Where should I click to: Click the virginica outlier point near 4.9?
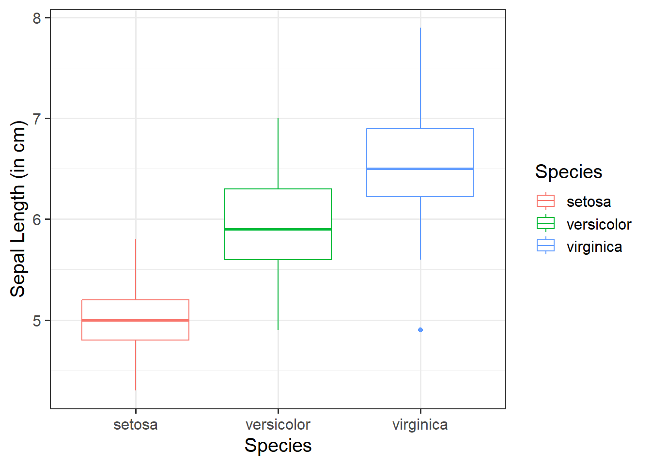[x=420, y=330]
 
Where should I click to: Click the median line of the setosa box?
[x=136, y=320]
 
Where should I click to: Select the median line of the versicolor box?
[x=278, y=229]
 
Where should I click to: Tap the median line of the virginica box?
[x=420, y=169]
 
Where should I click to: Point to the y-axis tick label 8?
[x=37, y=18]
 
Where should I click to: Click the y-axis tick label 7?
[x=37, y=119]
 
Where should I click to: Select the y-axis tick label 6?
[x=37, y=220]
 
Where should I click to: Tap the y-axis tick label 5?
[x=37, y=321]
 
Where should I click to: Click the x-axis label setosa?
[x=136, y=425]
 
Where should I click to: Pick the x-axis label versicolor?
[x=278, y=425]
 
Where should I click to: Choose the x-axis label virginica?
[x=420, y=425]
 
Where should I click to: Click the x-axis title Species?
[x=278, y=446]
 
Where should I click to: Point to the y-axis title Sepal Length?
[x=18, y=209]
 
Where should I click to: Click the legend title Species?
[x=569, y=172]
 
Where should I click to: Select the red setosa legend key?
[x=546, y=201]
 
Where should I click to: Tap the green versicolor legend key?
[x=546, y=224]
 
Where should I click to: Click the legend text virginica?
[x=594, y=247]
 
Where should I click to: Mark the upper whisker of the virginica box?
[x=420, y=77]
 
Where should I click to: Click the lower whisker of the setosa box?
[x=136, y=365]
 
